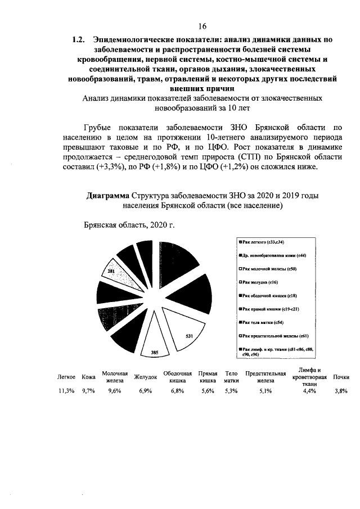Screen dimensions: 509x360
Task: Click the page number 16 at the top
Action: (x=202, y=26)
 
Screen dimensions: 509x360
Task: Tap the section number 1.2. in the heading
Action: (x=78, y=40)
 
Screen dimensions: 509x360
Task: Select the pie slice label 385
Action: (x=154, y=353)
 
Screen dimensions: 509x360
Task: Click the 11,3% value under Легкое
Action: (x=66, y=391)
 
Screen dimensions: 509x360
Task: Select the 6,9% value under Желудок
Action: (x=146, y=391)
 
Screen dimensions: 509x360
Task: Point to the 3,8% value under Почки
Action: (x=341, y=391)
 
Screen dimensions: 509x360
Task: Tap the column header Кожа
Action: (x=88, y=377)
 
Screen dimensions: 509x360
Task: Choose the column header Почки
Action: (x=341, y=377)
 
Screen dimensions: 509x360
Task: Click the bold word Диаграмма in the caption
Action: (x=107, y=196)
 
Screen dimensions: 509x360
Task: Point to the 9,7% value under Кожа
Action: (x=89, y=391)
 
